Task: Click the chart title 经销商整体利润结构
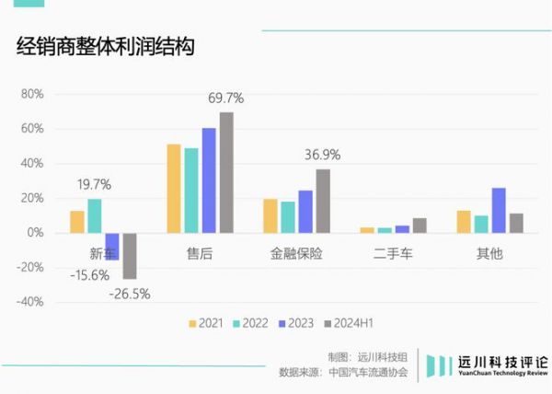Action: tap(105, 48)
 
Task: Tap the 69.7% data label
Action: tap(225, 98)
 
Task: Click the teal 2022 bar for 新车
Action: tap(95, 215)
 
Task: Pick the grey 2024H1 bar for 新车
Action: tap(130, 255)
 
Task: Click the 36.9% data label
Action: tap(322, 155)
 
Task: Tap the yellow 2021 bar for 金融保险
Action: tap(270, 215)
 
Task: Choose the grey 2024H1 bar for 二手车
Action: tap(420, 225)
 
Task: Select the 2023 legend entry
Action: tap(294, 323)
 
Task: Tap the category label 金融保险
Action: tap(296, 252)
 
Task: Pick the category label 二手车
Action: tap(394, 252)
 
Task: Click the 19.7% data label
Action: tap(94, 184)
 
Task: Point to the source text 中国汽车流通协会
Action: tap(368, 373)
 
